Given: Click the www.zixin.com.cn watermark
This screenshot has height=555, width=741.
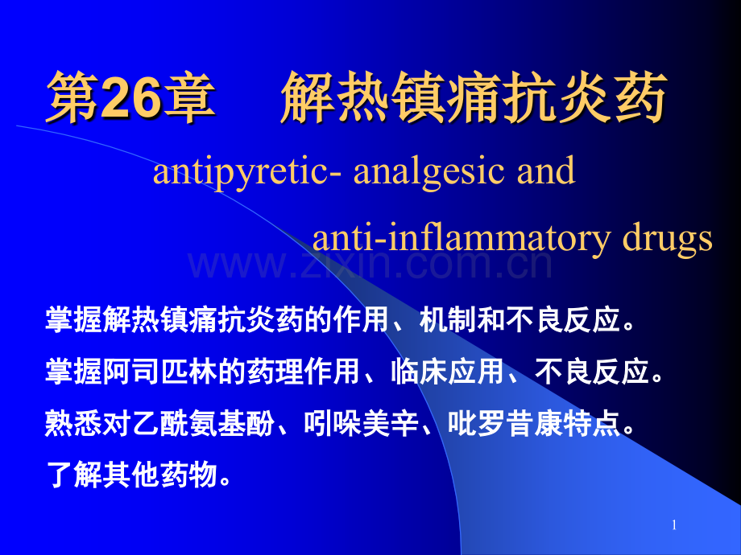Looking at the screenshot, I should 370,265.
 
